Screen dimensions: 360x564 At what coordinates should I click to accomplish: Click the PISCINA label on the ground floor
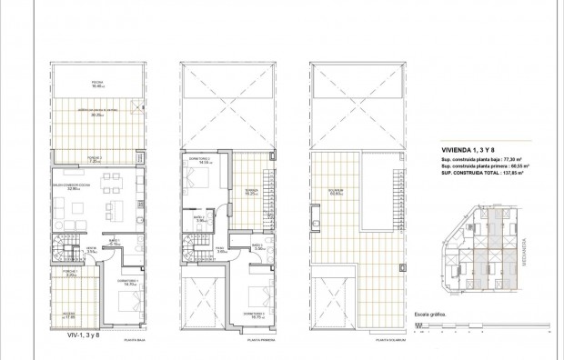pos(95,82)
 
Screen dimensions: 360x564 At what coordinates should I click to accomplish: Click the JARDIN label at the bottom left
pos(69,315)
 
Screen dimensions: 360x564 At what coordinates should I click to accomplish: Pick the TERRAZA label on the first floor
pos(248,191)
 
